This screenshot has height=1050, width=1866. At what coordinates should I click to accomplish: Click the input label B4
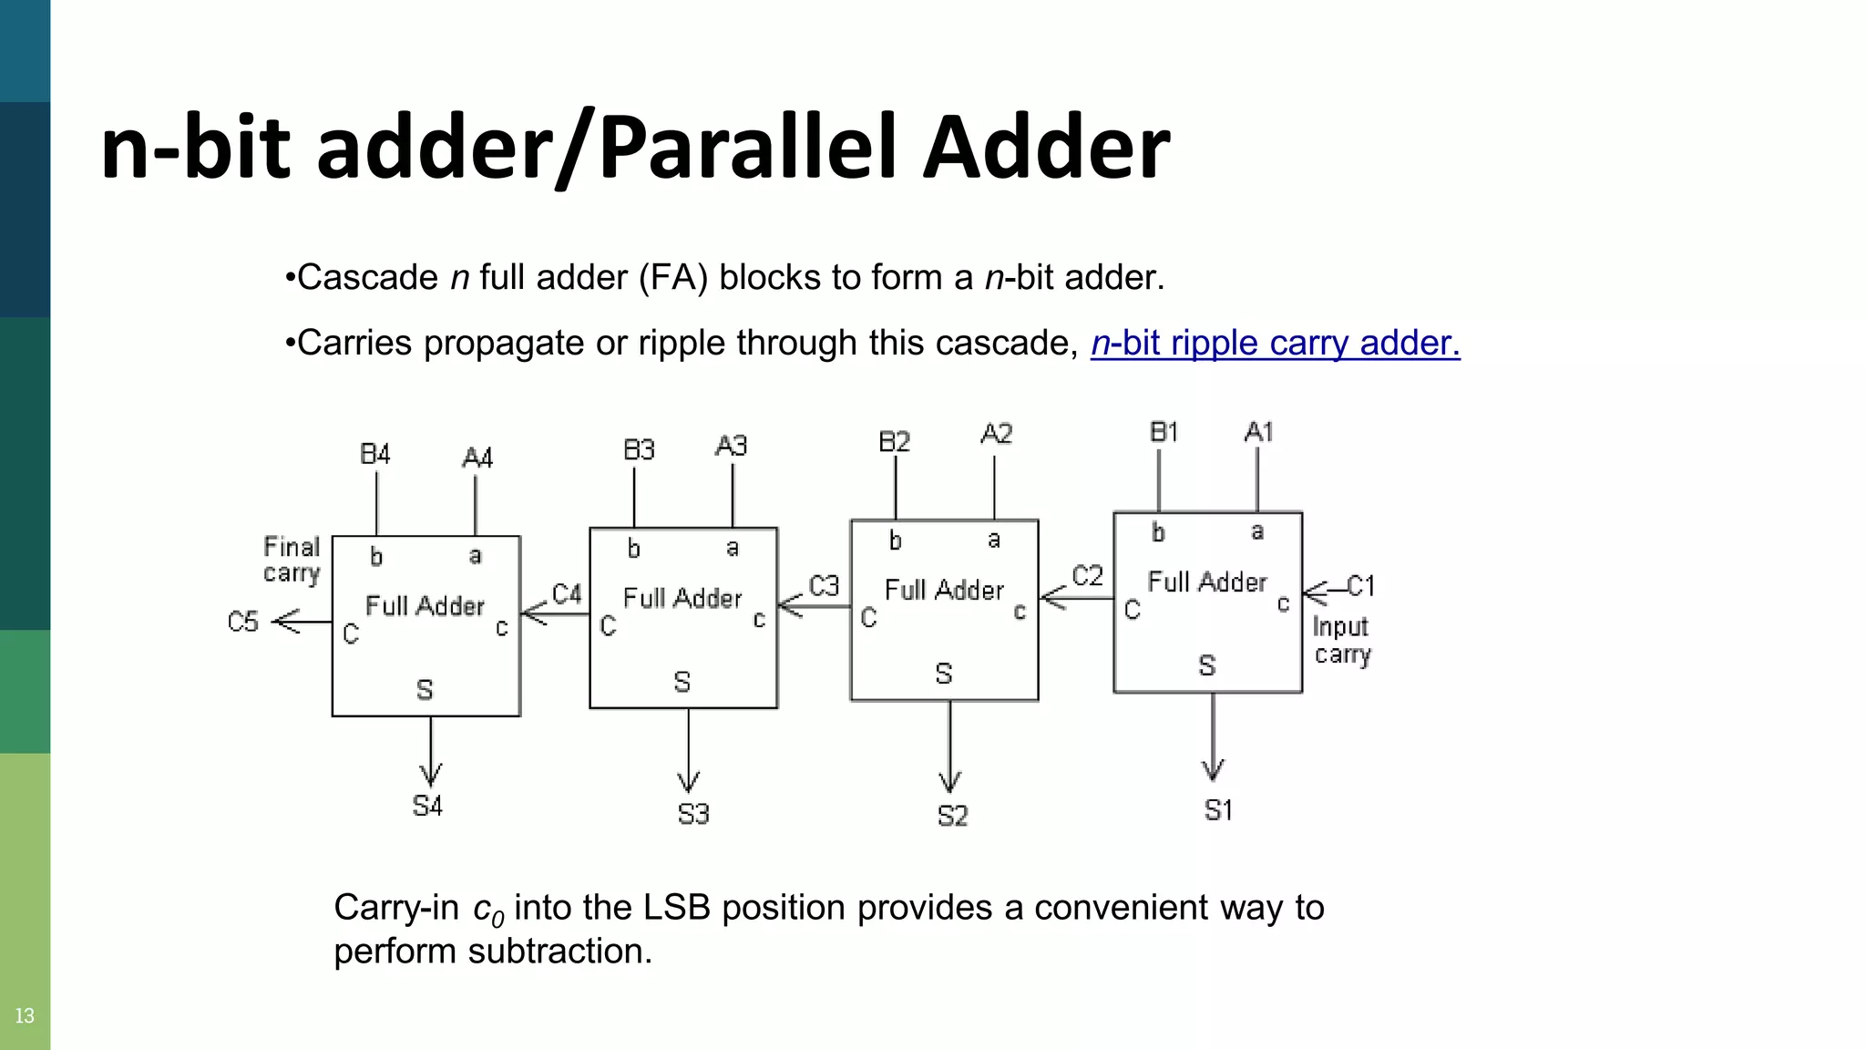pos(374,454)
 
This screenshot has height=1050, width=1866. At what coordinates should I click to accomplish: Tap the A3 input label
pos(731,446)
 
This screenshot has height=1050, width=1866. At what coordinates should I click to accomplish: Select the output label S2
pos(952,815)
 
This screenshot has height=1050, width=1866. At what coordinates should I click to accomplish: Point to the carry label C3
pos(824,585)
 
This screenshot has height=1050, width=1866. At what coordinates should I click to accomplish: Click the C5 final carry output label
pos(243,622)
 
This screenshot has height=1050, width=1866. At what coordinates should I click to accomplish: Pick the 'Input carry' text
pos(1341,641)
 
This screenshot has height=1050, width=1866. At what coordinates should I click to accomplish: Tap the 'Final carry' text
pos(292,560)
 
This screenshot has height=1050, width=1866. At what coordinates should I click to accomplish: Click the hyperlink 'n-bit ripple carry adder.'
pos(1275,343)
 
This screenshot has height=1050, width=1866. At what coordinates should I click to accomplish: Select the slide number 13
pos(25,1015)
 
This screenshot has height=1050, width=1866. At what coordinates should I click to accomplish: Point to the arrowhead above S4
pos(431,774)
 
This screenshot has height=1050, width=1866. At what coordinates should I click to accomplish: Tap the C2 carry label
pos(1087,575)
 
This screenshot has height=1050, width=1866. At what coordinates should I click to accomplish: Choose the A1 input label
pos(1258,432)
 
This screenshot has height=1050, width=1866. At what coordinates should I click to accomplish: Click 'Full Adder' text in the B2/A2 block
pos(944,591)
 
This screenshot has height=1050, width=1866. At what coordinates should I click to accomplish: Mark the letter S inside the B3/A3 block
pos(682,682)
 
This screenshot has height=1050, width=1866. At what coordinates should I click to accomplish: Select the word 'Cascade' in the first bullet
pos(368,277)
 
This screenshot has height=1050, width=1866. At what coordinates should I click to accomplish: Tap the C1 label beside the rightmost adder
pos(1360,585)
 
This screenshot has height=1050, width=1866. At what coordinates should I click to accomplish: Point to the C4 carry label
pos(567,594)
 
